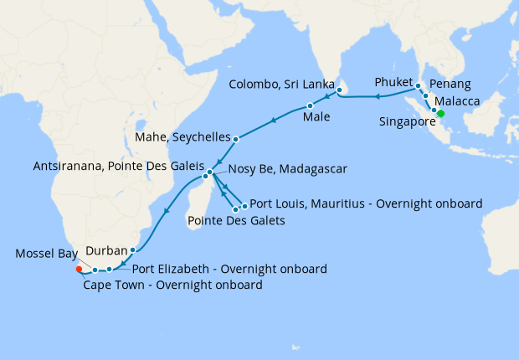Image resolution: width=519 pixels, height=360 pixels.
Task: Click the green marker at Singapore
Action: coord(440,114)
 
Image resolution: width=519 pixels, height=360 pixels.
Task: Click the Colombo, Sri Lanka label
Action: coord(282,85)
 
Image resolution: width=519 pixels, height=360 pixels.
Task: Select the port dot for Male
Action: coord(310,105)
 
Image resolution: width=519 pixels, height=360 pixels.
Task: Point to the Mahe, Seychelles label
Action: coord(182,136)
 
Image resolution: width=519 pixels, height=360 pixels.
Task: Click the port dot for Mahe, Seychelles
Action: coord(236,139)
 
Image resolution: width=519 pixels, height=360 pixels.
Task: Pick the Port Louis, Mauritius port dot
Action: coord(244,206)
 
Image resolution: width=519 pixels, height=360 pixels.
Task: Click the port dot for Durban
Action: coord(133,249)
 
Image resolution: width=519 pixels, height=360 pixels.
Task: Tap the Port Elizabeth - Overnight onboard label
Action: coord(229,269)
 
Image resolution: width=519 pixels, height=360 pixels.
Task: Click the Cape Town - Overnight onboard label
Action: coord(172,285)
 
